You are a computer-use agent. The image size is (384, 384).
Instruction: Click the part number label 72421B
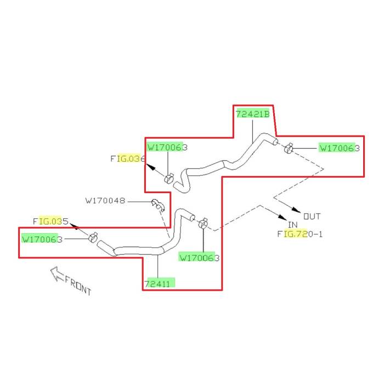[253, 114]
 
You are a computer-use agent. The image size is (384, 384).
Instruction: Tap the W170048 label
[105, 201]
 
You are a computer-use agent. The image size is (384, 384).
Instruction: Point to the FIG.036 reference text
[127, 159]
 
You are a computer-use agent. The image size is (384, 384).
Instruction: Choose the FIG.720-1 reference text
[300, 234]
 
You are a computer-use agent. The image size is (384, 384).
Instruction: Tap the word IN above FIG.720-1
[292, 225]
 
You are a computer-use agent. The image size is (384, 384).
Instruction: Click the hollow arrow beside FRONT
[57, 274]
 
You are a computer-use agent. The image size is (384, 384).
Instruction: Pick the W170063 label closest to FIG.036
[167, 148]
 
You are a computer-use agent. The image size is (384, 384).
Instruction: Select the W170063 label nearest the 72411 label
[199, 257]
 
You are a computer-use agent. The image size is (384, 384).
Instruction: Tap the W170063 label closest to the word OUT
[339, 148]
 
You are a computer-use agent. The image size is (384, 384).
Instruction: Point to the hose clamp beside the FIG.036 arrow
[170, 178]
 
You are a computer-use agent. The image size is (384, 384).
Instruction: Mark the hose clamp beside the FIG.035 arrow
[93, 238]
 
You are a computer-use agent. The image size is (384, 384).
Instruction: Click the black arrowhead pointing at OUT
[297, 211]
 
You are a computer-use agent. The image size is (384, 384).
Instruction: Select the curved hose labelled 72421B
[230, 162]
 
